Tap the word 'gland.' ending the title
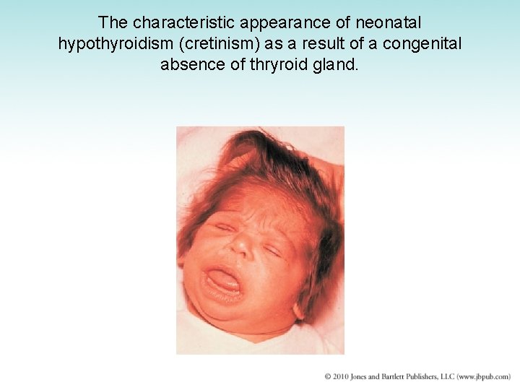[x=339, y=64]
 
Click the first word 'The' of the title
[x=113, y=22]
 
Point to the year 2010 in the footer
[x=342, y=377]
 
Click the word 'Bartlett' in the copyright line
[x=402, y=377]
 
